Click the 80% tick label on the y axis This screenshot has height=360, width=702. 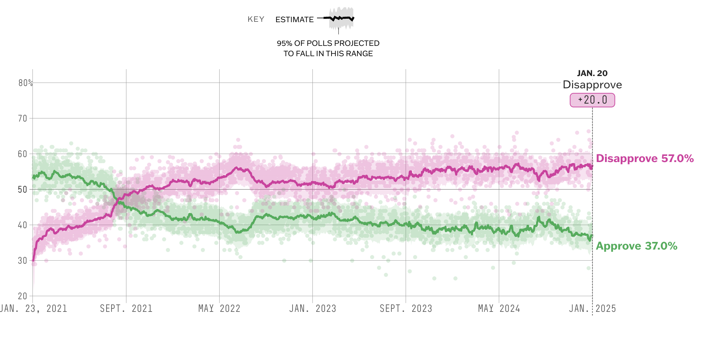coord(25,83)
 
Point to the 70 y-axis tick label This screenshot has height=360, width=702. coord(23,118)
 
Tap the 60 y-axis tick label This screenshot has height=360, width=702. coord(23,154)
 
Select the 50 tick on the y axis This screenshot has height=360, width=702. coord(23,190)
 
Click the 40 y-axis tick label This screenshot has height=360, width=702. coord(23,225)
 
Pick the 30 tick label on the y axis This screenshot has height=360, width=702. coord(23,261)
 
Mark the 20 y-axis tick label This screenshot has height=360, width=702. coord(23,296)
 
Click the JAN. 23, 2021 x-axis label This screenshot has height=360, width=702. coord(34,308)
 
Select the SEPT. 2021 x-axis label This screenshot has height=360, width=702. coord(126,308)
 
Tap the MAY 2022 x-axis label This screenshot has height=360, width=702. coord(219,308)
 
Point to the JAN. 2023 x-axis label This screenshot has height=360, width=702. coord(312,308)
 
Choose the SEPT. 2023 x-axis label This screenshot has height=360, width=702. coord(406,308)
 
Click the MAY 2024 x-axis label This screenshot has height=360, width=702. coord(499,308)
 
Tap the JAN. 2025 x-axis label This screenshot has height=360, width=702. coord(592,308)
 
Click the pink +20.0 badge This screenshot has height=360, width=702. coord(592,100)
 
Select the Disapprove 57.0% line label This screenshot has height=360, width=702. coord(645,158)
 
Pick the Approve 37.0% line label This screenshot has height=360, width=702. coord(636,246)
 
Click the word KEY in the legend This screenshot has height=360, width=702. coord(256,19)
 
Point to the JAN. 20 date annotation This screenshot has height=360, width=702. coord(592,73)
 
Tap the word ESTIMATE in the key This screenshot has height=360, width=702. coord(294,19)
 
